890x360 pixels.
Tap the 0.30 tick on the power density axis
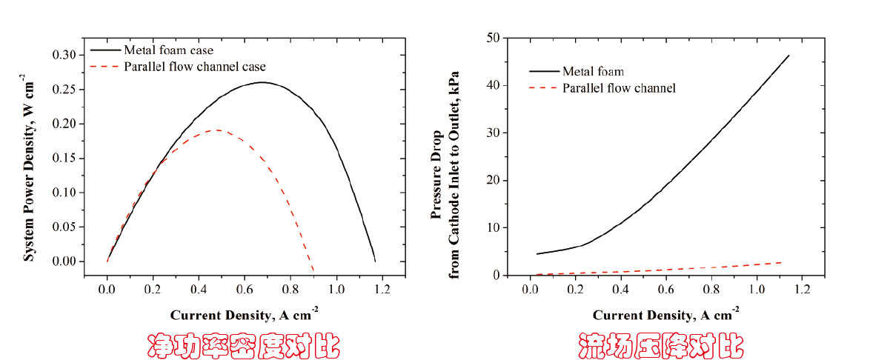point(64,55)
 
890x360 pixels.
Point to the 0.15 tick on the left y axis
point(64,158)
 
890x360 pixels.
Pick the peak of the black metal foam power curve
point(262,82)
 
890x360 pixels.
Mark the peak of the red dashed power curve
point(216,130)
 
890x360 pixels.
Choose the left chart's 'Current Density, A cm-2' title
point(245,315)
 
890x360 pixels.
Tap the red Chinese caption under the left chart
point(243,345)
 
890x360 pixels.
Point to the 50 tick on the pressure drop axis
point(491,38)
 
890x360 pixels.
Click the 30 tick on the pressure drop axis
point(491,133)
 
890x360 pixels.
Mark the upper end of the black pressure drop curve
point(789,56)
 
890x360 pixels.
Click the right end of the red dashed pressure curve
point(783,262)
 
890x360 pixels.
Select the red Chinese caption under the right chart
point(661,345)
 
